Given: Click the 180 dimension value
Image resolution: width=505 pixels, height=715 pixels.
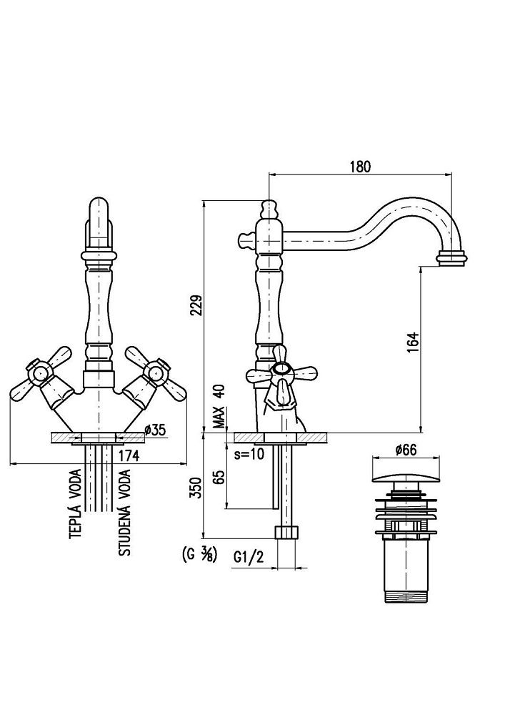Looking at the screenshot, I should (x=361, y=167).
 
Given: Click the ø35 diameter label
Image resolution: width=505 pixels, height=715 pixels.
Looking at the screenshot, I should (x=155, y=430).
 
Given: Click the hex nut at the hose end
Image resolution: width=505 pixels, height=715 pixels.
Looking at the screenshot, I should (x=286, y=533).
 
